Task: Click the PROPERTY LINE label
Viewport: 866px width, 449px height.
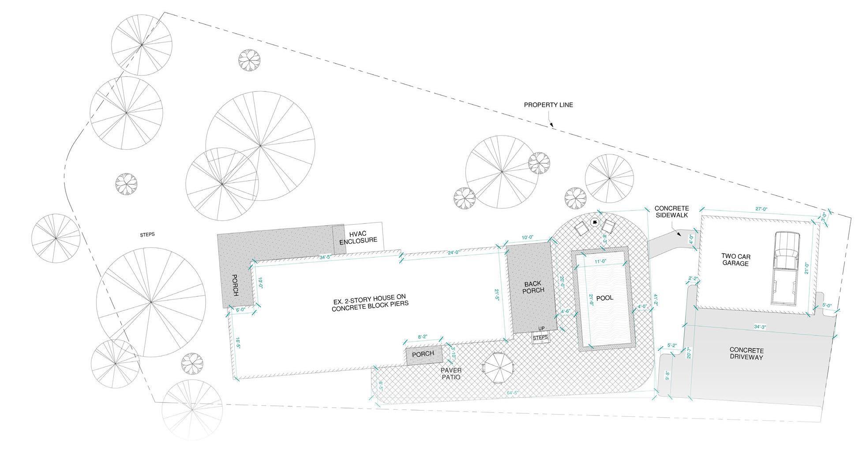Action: [548, 105]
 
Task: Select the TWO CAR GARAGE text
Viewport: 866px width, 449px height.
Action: [735, 260]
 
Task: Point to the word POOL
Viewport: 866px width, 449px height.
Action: [605, 298]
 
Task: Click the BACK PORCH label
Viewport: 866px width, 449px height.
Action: [534, 287]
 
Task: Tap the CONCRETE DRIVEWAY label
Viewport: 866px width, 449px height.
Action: [746, 353]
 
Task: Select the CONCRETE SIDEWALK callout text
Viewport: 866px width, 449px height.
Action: [671, 211]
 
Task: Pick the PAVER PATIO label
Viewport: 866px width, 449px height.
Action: [451, 374]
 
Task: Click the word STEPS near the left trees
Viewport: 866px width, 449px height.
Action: [147, 234]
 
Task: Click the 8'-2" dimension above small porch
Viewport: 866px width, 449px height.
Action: [423, 337]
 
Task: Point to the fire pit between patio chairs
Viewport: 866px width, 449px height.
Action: [594, 222]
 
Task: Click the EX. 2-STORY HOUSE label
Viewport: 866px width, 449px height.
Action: [371, 305]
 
